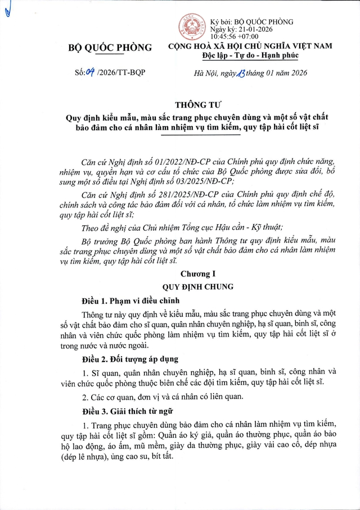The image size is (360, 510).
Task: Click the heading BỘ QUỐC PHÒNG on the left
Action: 110,48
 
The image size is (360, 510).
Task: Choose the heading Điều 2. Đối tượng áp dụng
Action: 130,359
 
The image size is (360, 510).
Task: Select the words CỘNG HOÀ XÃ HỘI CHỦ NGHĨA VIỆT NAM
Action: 250,46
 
